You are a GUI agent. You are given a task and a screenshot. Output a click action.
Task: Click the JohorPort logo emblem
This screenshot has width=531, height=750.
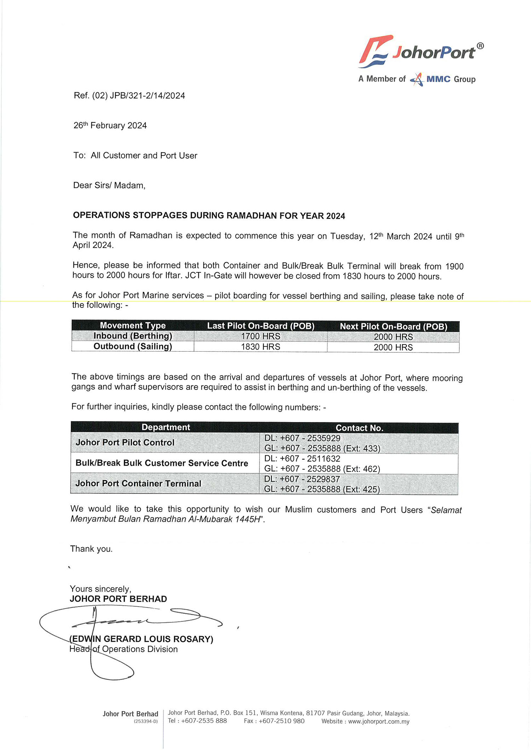click(375, 51)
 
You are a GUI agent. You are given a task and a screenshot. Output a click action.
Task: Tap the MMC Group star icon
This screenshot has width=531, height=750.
click(417, 80)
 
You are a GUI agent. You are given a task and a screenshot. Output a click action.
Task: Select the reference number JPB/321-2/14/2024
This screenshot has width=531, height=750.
click(147, 96)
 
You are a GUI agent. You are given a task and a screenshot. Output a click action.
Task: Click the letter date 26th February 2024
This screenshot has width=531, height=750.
click(110, 126)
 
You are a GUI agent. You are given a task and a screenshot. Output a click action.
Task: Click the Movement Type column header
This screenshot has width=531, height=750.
click(133, 325)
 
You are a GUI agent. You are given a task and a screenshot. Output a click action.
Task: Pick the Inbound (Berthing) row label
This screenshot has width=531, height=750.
click(133, 336)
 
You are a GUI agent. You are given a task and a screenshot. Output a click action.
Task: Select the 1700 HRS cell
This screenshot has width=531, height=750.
click(261, 336)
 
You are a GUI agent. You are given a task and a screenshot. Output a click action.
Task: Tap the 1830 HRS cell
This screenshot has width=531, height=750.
click(261, 347)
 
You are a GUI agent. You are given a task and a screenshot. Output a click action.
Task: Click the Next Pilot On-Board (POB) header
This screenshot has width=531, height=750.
click(393, 326)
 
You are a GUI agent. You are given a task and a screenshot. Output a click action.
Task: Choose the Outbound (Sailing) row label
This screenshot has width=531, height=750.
click(133, 346)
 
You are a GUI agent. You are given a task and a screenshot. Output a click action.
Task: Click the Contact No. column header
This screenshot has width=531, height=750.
click(359, 428)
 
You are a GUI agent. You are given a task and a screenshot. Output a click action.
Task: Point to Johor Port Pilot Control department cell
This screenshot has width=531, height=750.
click(125, 443)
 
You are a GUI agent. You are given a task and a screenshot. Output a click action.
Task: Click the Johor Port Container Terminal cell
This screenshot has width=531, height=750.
click(138, 484)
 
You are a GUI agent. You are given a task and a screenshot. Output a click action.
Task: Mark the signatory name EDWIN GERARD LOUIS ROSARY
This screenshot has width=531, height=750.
click(142, 639)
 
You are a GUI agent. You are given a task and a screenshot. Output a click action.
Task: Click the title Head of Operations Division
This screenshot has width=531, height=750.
click(124, 649)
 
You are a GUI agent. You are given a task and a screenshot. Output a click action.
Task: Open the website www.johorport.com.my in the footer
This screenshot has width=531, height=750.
click(379, 721)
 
